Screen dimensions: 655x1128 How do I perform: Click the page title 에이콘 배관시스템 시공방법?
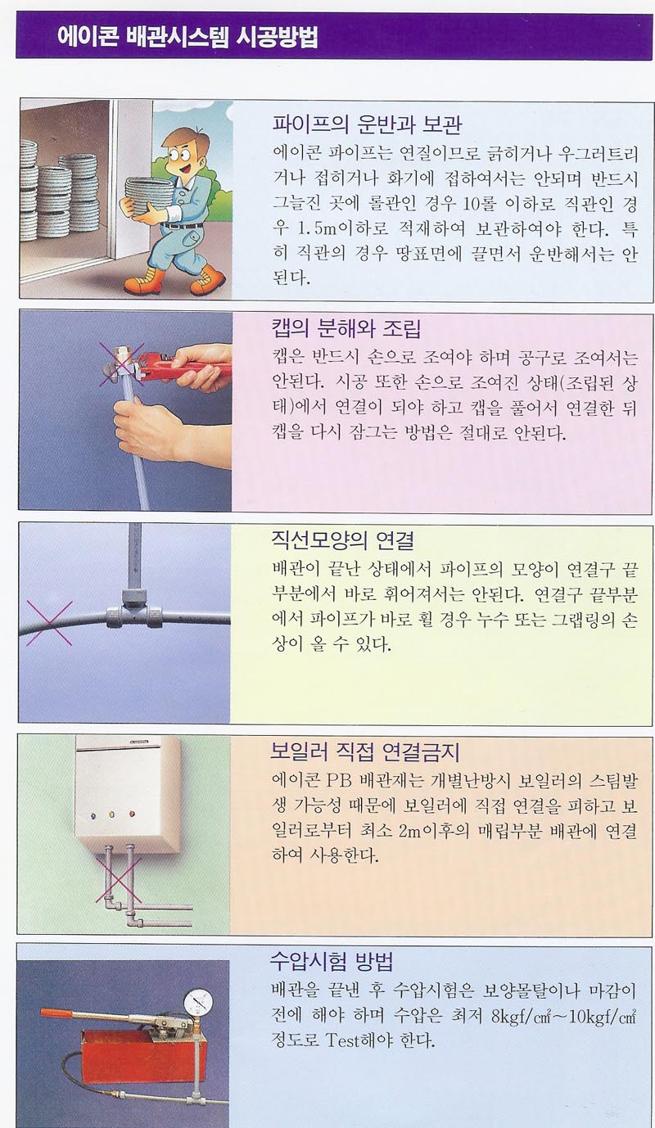[x=187, y=36]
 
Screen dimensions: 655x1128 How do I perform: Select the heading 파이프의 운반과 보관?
[x=367, y=124]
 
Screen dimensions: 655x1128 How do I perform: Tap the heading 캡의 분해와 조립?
[x=346, y=328]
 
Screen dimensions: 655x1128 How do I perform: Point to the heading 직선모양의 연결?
[x=342, y=540]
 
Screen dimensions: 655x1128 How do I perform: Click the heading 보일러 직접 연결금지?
[x=365, y=752]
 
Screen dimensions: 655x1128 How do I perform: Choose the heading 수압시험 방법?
[x=332, y=962]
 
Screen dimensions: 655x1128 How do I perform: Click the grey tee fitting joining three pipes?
[x=134, y=610]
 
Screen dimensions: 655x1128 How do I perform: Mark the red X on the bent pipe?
[x=49, y=623]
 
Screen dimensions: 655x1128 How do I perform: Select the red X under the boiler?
[x=118, y=873]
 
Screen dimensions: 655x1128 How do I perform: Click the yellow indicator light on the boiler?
[x=112, y=814]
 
